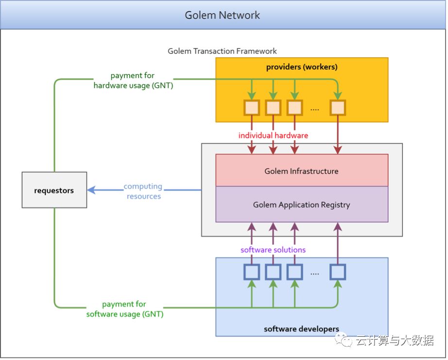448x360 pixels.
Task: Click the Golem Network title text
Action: [x=222, y=15]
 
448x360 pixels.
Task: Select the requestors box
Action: [x=54, y=190]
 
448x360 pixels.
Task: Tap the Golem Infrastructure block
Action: [x=301, y=171]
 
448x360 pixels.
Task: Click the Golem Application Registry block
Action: [x=301, y=205]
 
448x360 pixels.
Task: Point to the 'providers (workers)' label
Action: [x=301, y=67]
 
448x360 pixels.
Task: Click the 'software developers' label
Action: [x=301, y=329]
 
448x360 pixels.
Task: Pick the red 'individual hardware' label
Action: [x=273, y=136]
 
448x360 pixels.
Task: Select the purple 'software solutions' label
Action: [x=273, y=250]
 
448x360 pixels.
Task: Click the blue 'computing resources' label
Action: [x=143, y=191]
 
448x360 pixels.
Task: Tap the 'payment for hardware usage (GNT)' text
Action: [x=133, y=81]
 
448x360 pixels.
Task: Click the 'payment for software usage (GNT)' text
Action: [x=125, y=309]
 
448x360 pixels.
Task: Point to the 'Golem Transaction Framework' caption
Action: [x=222, y=51]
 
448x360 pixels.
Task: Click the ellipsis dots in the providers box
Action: [x=314, y=109]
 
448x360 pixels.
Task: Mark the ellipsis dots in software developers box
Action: [x=314, y=274]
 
